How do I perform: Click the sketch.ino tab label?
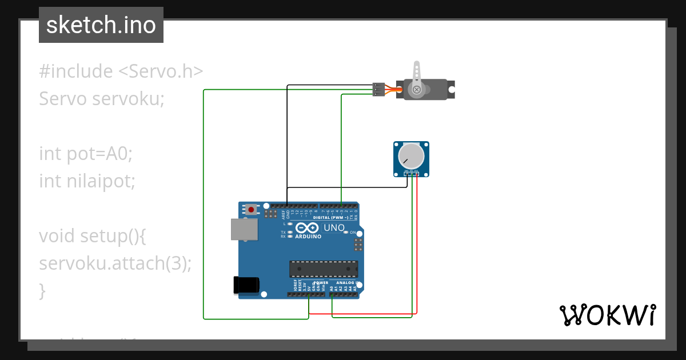tap(101, 25)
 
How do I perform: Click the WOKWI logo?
tap(607, 315)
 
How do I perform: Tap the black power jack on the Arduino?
tap(246, 285)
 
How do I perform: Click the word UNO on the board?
tap(334, 228)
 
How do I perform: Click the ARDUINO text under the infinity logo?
tap(308, 236)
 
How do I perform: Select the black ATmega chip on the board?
tap(324, 269)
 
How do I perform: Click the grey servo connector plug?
tap(379, 89)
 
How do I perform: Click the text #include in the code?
tap(76, 71)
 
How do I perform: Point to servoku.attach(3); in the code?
tap(115, 263)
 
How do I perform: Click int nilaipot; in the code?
tap(87, 181)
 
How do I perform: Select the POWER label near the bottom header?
tap(321, 282)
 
